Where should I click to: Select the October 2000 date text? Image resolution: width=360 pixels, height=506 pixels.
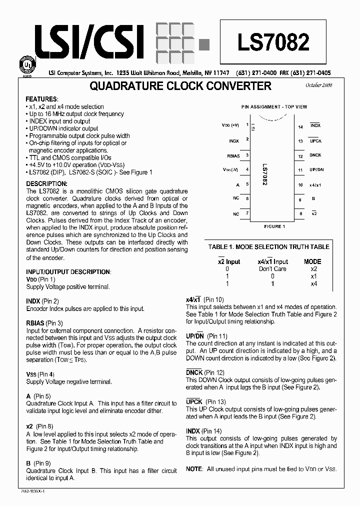[x=318, y=86]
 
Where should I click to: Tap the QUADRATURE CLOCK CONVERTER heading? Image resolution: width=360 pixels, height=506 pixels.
[x=180, y=86]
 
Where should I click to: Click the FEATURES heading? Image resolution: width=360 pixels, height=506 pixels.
[x=41, y=99]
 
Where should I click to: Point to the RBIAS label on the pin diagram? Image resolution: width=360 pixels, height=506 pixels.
[x=232, y=155]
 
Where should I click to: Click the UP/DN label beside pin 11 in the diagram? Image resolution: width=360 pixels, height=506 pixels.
[x=316, y=170]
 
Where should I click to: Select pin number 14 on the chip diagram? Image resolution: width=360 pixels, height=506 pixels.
[x=300, y=127]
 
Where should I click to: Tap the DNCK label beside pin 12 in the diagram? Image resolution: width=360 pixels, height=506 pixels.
[x=315, y=155]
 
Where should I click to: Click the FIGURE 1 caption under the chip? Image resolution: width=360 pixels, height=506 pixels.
[x=274, y=226]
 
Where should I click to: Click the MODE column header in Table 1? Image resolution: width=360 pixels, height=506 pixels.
[x=312, y=261]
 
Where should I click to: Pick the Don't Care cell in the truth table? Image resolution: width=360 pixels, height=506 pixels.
[x=272, y=269]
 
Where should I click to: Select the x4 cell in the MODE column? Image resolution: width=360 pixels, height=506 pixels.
[x=314, y=283]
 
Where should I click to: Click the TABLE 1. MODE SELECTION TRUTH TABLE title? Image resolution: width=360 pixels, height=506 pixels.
[x=269, y=246]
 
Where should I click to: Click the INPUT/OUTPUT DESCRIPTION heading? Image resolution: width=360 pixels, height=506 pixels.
[x=68, y=272]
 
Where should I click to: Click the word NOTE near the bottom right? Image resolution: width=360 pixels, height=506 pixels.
[x=194, y=468]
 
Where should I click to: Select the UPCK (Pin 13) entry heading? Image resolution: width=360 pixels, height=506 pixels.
[x=205, y=401]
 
